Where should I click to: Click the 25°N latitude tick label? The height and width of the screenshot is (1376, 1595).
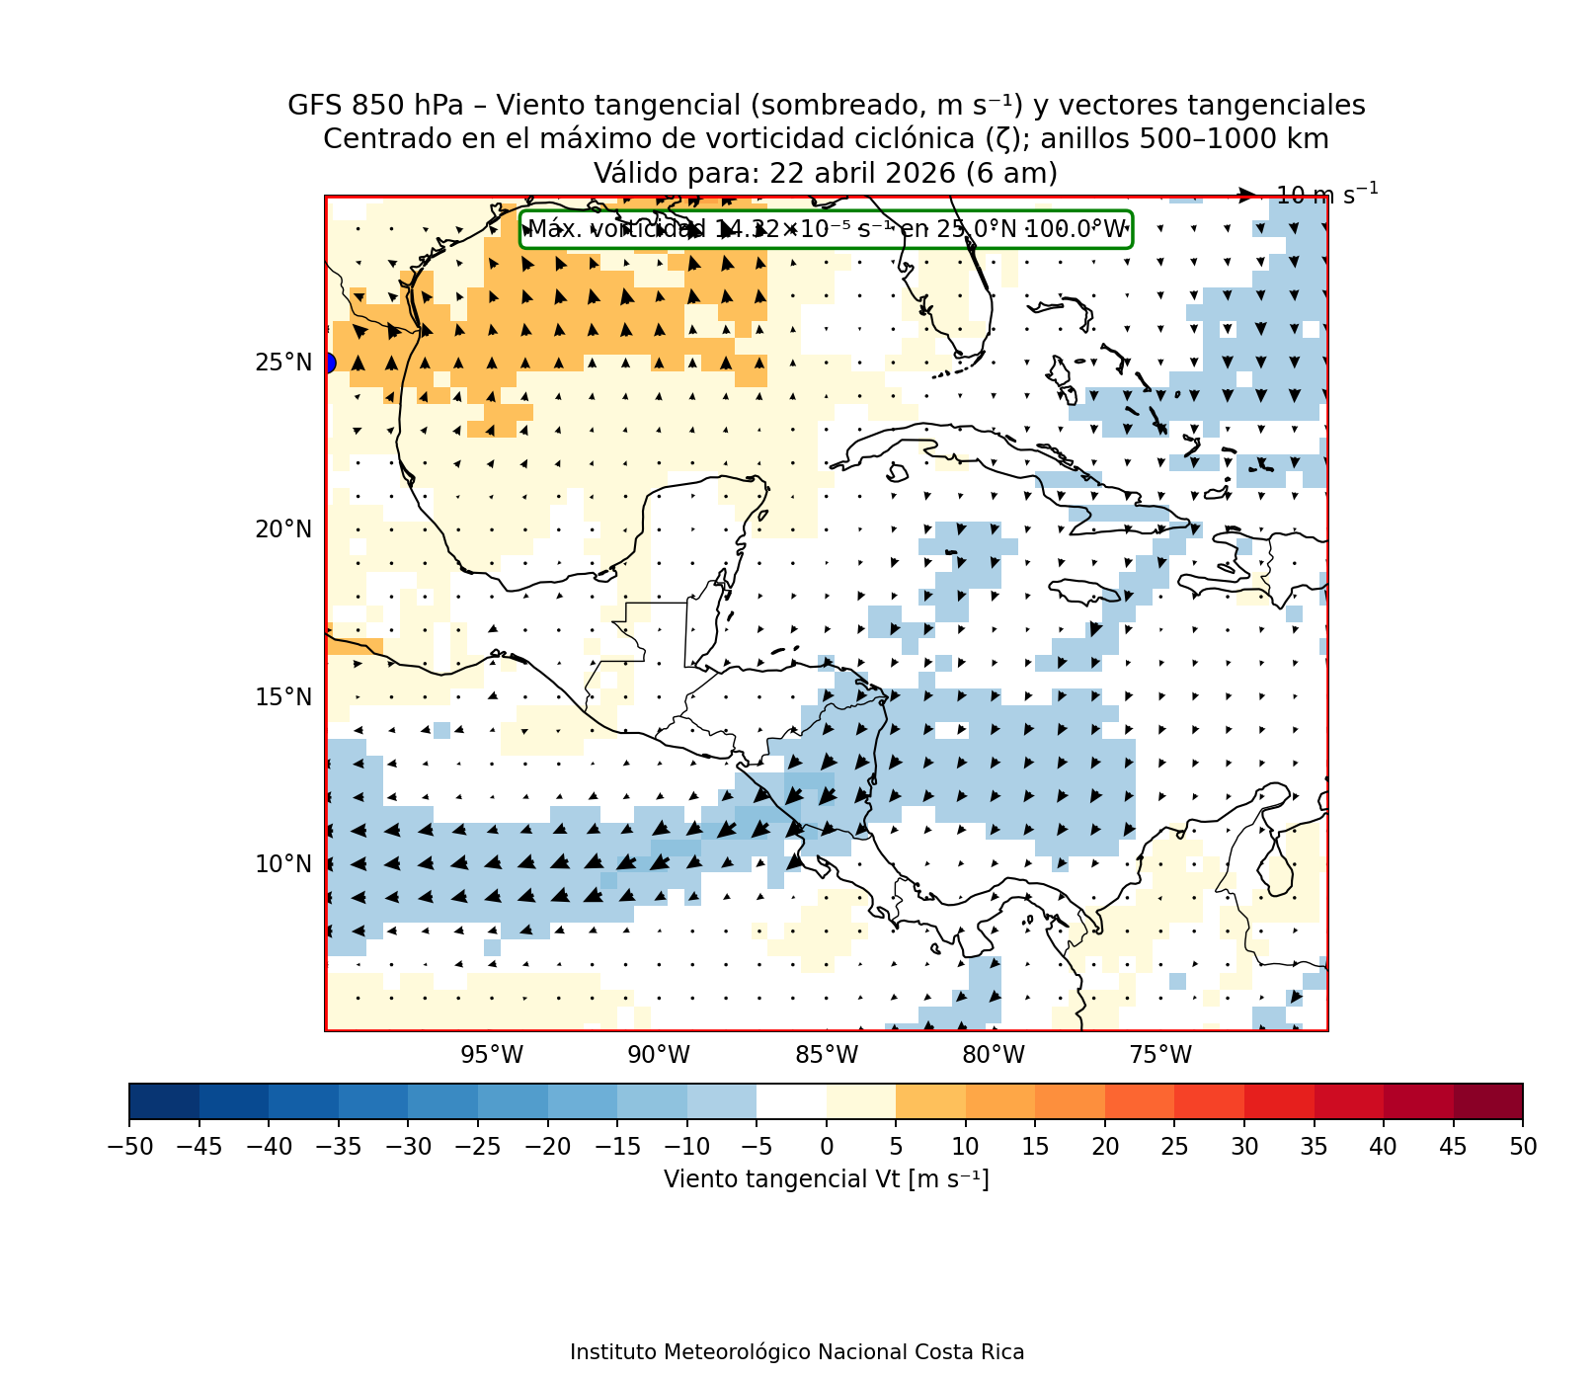[283, 364]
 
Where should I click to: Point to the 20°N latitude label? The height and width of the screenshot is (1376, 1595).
[283, 530]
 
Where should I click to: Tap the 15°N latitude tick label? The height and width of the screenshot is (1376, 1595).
[283, 698]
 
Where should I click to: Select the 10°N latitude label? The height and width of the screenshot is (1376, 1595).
[283, 865]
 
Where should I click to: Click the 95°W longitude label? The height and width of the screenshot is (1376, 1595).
[492, 1056]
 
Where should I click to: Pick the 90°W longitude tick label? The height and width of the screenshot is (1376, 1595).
[659, 1056]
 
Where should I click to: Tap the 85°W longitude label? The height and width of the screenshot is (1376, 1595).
[827, 1056]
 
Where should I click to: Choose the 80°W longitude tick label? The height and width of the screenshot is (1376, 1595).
[994, 1056]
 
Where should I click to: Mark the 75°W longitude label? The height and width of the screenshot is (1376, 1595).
[1160, 1056]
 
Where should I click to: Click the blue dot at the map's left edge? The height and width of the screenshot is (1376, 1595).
[327, 363]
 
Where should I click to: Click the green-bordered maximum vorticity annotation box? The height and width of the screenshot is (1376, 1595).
[826, 229]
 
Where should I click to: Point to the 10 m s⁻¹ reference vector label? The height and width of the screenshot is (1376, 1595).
[1326, 195]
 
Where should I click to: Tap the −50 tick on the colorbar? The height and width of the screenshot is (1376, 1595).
[128, 1147]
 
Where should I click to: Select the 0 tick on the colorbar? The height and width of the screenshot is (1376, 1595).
[827, 1147]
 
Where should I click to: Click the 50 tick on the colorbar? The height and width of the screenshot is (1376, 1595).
[1523, 1147]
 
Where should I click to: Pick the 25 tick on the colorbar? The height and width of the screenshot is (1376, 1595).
[1174, 1147]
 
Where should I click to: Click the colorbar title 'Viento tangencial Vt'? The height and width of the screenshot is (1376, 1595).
[826, 1179]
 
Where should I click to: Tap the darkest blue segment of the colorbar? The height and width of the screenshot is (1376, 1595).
[164, 1101]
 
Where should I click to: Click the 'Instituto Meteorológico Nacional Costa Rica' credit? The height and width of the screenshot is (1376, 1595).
[797, 1352]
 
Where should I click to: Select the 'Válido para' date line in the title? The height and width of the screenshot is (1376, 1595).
[826, 174]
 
